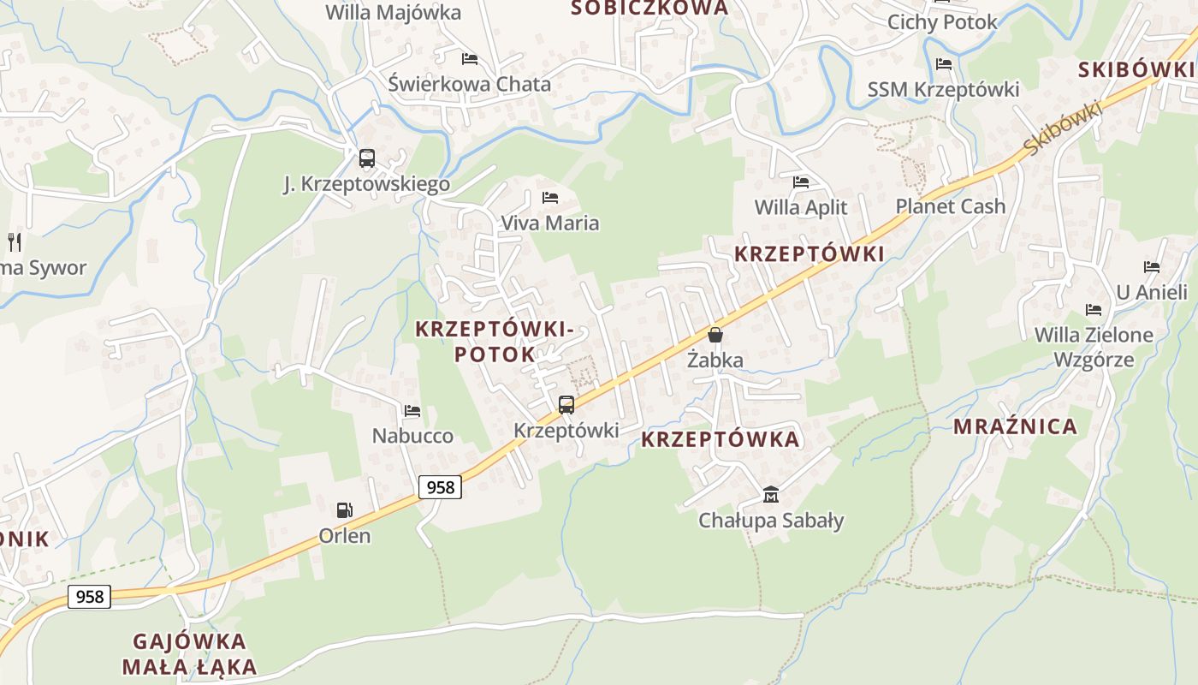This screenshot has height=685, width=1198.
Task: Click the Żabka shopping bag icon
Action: [715, 335]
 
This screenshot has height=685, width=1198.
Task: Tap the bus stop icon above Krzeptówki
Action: [566, 405]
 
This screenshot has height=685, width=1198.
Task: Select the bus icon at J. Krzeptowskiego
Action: [366, 158]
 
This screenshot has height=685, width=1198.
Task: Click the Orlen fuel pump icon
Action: [344, 510]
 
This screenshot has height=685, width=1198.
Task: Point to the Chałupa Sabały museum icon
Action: [771, 494]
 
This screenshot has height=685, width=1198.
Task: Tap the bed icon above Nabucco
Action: [412, 411]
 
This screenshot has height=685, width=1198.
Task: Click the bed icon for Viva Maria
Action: [550, 198]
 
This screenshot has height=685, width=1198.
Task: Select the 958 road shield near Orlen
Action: [440, 487]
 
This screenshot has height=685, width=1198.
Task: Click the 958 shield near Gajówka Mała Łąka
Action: [89, 597]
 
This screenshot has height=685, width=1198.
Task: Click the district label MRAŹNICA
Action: [1015, 426]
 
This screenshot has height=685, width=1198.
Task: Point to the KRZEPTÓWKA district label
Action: [720, 439]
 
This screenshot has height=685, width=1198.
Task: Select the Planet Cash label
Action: [950, 206]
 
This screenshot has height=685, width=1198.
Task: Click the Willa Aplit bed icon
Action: [801, 182]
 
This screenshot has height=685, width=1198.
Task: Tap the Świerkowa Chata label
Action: [469, 84]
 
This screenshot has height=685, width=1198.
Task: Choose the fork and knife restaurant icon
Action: [15, 242]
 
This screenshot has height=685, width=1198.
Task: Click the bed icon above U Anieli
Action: [1152, 267]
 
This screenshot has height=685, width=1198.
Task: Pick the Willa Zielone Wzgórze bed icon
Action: [1094, 310]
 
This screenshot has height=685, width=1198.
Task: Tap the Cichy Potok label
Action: [942, 22]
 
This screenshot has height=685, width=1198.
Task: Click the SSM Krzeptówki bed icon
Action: [944, 64]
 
